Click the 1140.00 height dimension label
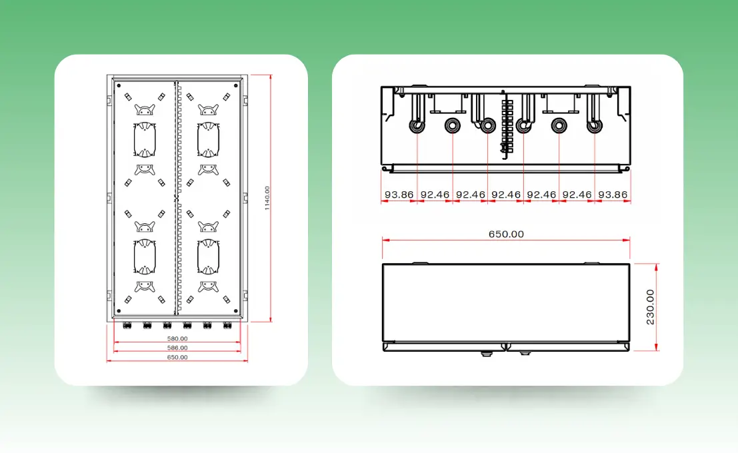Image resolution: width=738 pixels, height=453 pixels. [267, 198]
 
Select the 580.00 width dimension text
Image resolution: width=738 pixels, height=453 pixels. [177, 338]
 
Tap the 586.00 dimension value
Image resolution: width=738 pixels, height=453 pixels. [177, 348]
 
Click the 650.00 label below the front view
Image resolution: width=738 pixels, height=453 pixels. [177, 358]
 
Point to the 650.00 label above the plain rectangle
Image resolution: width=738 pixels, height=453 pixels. [506, 234]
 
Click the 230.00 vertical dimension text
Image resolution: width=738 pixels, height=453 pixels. [650, 307]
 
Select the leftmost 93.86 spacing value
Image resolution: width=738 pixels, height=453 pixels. [399, 195]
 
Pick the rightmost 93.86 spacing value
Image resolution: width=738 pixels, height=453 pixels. [613, 195]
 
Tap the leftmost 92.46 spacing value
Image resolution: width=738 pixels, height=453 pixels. [435, 195]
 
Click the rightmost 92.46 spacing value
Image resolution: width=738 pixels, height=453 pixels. [577, 195]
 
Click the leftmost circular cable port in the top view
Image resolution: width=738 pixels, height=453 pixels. [417, 126]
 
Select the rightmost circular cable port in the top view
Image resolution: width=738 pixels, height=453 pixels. [595, 126]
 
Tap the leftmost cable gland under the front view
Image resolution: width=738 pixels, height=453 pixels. [127, 325]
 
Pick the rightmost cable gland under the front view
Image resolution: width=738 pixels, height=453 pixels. [227, 325]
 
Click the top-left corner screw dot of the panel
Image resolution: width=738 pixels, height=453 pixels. [119, 86]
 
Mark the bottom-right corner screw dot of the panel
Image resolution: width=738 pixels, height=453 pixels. [236, 311]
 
